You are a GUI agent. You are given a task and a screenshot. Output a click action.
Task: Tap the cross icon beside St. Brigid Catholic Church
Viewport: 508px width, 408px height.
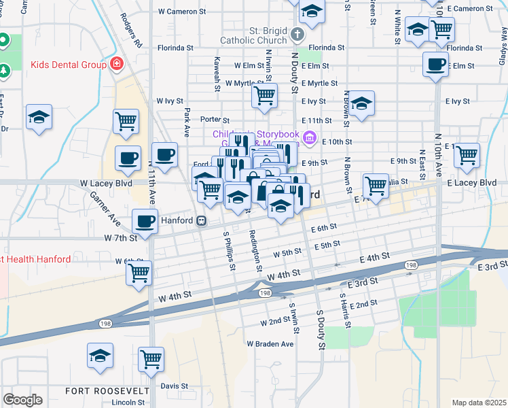coord(297,33)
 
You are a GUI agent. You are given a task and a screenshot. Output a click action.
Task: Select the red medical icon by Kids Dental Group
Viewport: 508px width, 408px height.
coord(117,65)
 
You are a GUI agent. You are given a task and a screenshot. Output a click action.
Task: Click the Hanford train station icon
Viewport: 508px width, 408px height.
coord(202,220)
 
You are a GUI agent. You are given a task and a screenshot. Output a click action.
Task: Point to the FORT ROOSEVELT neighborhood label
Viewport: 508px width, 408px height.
coord(107,391)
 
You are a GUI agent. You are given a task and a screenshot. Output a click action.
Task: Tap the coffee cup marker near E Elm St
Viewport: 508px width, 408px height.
coord(435,65)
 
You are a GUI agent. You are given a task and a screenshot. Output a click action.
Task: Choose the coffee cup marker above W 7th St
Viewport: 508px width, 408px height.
coord(144,221)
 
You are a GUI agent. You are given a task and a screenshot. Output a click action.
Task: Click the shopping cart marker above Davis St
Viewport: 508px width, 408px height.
coord(151,358)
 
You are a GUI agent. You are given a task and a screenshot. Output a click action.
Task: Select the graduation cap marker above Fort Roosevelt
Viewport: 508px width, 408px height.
coord(100,355)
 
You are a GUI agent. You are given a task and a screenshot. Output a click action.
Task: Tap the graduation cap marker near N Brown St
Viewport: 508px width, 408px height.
coord(362,103)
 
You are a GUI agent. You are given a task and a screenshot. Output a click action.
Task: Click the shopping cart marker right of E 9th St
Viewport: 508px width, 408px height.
coord(467,155)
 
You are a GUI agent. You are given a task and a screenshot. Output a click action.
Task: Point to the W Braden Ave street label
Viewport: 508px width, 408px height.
coord(270,344)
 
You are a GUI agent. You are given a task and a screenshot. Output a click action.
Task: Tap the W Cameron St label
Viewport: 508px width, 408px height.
coord(181,12)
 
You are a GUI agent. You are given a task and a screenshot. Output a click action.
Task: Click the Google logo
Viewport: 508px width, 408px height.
coord(22,399)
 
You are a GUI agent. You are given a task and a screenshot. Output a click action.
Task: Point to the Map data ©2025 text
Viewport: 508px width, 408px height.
coord(479,403)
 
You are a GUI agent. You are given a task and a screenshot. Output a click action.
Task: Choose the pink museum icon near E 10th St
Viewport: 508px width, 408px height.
coord(310,138)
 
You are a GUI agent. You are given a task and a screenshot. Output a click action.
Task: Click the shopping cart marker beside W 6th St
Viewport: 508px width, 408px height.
coord(139,273)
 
